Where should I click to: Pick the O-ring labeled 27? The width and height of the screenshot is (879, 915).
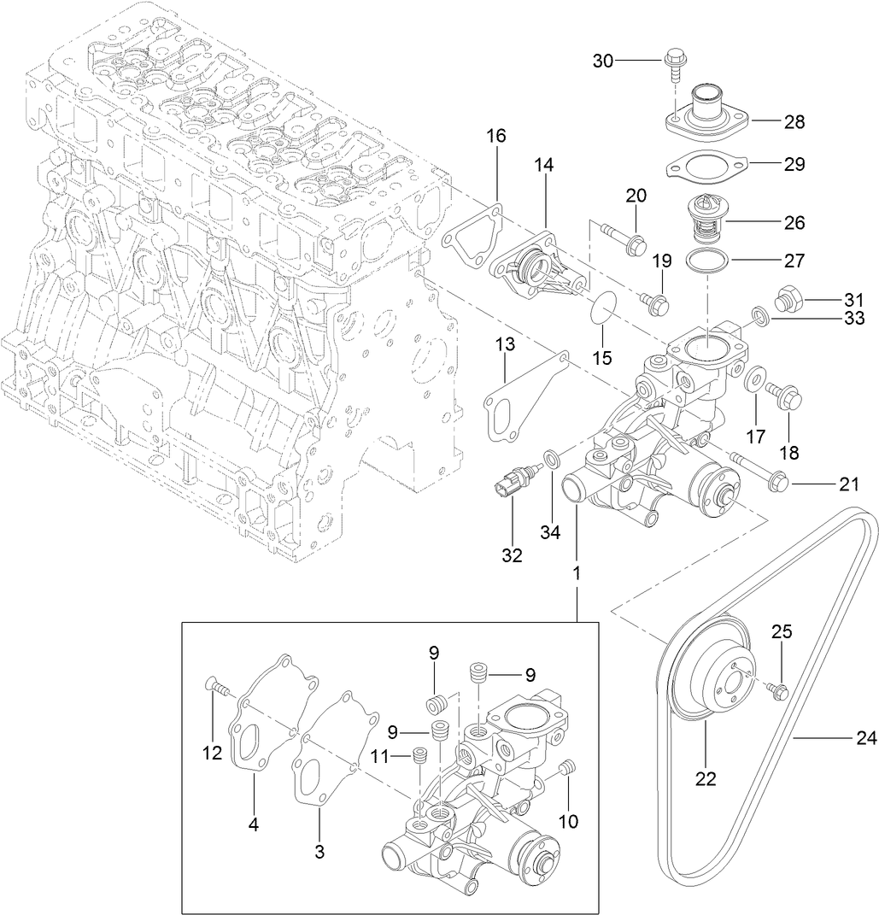(707, 261)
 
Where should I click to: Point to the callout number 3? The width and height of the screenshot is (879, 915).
(319, 851)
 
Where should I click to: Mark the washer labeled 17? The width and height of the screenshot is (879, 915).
(754, 378)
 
